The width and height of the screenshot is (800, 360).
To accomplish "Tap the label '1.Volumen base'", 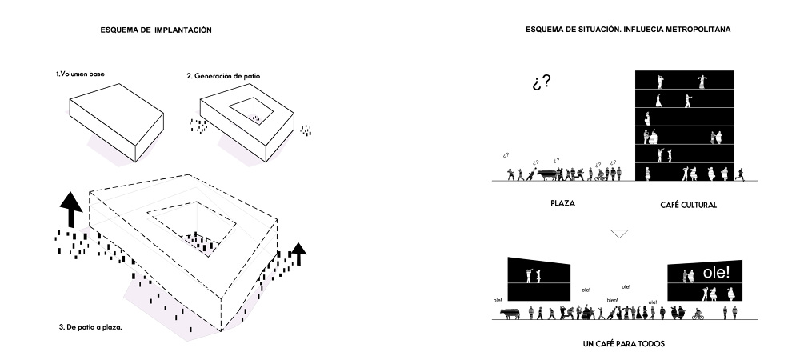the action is point(81,74).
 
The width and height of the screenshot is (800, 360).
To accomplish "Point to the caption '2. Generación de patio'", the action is point(223,76).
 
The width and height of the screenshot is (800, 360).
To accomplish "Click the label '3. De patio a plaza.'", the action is point(90,327).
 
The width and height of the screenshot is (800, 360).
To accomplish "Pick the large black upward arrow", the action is point(71,210).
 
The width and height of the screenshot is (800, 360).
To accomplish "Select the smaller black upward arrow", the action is point(298,254).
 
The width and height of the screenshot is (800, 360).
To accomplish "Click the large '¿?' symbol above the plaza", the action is point(542,82).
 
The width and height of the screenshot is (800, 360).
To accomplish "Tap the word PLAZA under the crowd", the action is point(562,203).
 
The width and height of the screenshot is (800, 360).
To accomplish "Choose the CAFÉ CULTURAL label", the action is point(688,205).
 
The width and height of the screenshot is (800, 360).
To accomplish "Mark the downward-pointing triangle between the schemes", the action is point(619,234).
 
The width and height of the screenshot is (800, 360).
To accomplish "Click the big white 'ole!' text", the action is point(716,272).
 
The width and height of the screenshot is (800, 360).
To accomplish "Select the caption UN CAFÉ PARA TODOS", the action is point(623,344).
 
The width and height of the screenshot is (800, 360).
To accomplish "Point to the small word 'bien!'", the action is point(612,300).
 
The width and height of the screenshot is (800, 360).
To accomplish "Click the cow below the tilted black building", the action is point(510,313).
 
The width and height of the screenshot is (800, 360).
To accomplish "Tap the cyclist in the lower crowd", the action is point(698,314).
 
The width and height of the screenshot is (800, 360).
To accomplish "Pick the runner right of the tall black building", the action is point(740,174).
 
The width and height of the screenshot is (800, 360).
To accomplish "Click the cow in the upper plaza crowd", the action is point(547,174).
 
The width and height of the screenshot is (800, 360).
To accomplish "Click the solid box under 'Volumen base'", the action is point(116,123).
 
